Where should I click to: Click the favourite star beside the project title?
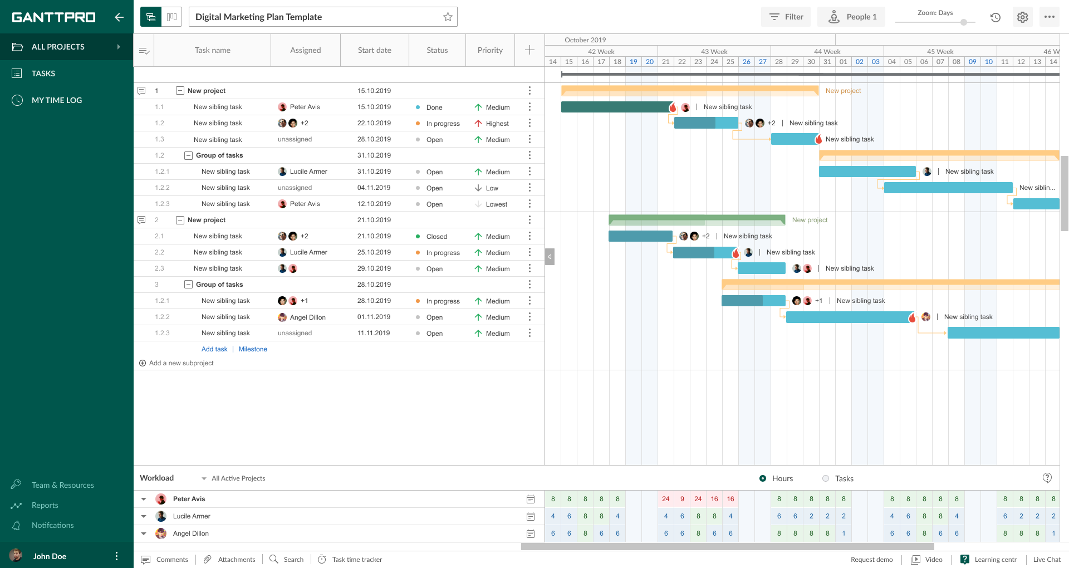[x=448, y=17]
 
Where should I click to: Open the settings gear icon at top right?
[x=1022, y=17]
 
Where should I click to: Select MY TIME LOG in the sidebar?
[x=56, y=100]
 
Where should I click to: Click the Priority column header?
[x=490, y=50]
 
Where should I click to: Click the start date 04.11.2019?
[x=374, y=188]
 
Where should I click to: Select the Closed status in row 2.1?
[x=437, y=237]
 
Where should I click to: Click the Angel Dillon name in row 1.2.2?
[x=307, y=317]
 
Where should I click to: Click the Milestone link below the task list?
[x=253, y=349]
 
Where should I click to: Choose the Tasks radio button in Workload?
[x=826, y=478]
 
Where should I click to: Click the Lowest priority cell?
[x=496, y=204]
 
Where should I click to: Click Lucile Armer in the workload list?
[x=192, y=516]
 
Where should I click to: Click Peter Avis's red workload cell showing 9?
[x=682, y=499]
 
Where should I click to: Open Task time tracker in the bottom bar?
[x=357, y=560]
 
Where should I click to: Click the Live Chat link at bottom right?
[x=1046, y=560]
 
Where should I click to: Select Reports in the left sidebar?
[x=45, y=505]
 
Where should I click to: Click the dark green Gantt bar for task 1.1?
[x=615, y=107]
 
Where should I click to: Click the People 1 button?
[x=851, y=17]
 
